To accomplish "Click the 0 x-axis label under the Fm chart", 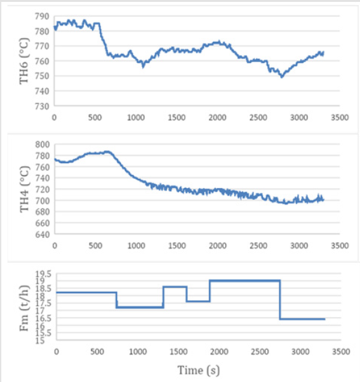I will [x=56, y=351].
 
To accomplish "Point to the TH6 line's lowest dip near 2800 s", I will [x=281, y=76].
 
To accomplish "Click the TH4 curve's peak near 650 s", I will [x=107, y=152].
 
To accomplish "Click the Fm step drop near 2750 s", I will [x=280, y=300].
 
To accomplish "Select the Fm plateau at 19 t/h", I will [x=244, y=280].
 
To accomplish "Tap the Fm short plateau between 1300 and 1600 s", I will [x=175, y=287].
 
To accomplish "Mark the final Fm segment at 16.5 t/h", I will [x=302, y=319].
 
